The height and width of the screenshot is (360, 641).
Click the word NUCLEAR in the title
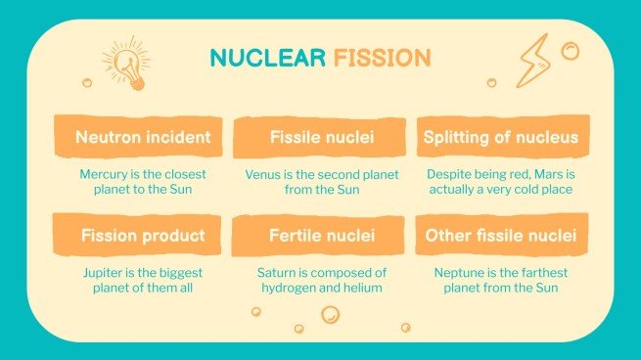267,58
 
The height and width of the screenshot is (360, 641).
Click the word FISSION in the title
382,58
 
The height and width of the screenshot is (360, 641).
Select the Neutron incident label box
143,138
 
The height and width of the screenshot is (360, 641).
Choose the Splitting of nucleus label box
501,138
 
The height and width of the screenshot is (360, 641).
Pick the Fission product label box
143,236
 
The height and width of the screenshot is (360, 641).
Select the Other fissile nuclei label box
501,236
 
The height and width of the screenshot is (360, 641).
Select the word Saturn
278,273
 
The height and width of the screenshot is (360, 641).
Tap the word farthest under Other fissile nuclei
540,273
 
